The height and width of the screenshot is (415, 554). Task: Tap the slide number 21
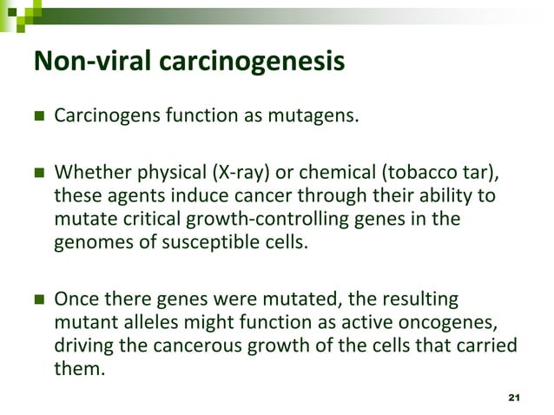(x=512, y=397)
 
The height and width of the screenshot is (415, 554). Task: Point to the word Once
(x=76, y=300)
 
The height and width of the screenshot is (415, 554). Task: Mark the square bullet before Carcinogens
(x=38, y=115)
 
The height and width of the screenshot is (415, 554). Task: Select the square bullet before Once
(x=38, y=300)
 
